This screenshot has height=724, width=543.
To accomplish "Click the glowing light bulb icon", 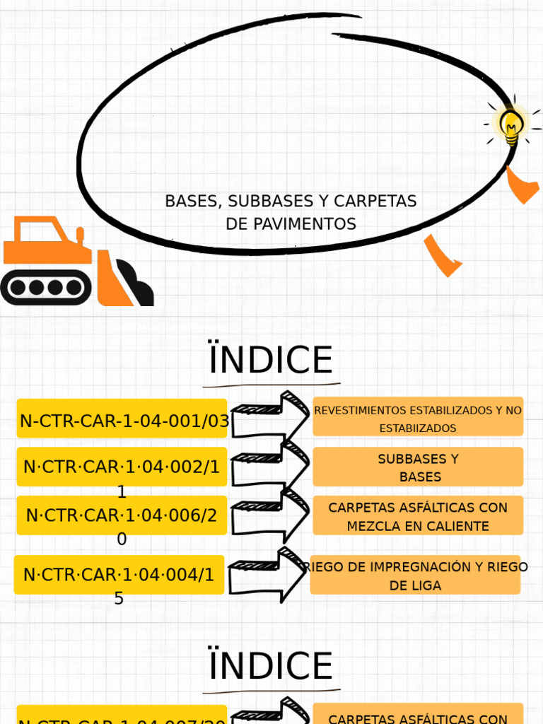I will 511,124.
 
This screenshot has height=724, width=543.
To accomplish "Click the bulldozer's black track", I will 46,287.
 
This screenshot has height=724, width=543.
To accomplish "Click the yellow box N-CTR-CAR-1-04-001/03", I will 122,421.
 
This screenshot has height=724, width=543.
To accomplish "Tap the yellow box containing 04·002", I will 122,467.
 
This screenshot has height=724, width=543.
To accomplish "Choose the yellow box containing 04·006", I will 122,515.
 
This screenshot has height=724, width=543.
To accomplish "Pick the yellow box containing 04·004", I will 119,574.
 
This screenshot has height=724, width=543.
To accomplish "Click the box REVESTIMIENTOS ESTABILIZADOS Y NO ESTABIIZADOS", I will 418,418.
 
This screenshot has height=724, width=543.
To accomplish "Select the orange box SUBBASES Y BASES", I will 418,467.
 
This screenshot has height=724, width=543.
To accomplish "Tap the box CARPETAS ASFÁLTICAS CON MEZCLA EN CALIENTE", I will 418,515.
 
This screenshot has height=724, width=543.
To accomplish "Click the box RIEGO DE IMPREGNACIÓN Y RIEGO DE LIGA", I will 416,575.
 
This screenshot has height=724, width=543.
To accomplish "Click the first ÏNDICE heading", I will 271,360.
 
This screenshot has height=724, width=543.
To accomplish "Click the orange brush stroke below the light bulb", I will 522,185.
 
